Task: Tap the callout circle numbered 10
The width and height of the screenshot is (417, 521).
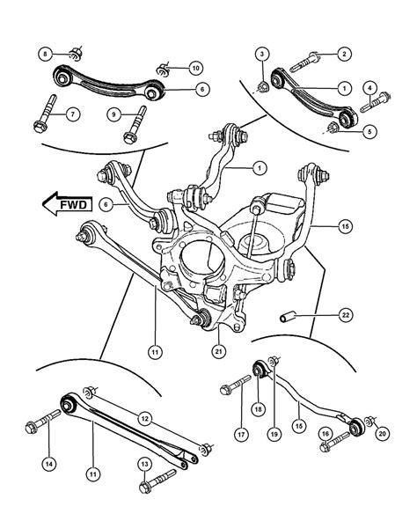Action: [194, 67]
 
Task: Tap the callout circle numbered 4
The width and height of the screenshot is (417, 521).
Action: [370, 86]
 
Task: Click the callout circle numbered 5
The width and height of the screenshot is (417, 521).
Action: [370, 131]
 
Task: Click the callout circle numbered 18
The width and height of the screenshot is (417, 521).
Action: [258, 408]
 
